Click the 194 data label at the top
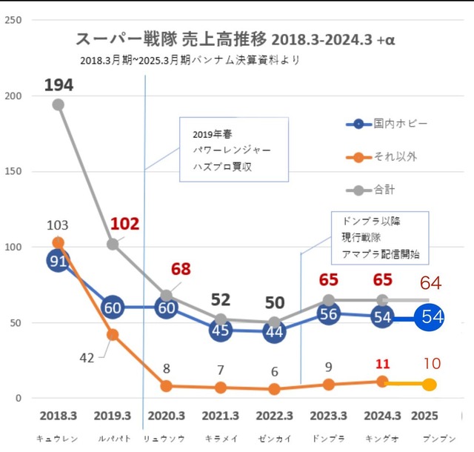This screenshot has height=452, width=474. [x=59, y=85]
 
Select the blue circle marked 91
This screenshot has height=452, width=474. [x=59, y=261]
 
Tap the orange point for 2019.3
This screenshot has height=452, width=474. [x=113, y=334]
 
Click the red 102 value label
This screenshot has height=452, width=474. [x=124, y=224]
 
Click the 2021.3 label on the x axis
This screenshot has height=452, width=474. [x=220, y=416]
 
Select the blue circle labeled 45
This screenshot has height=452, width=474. [x=220, y=330]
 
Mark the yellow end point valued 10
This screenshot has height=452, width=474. [x=430, y=384]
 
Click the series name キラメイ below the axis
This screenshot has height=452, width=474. [x=219, y=438]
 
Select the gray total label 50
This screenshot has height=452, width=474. [x=274, y=302]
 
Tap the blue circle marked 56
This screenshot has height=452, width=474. [x=330, y=314]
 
